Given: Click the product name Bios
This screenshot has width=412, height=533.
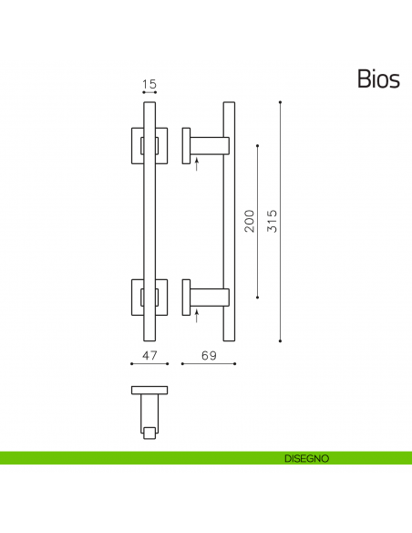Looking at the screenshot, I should pos(377,79).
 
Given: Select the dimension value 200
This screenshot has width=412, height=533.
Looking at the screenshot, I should pos(249,221).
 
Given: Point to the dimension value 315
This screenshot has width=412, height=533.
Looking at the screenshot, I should pos(271,221).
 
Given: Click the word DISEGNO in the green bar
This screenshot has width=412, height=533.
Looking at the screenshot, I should pos(305,457).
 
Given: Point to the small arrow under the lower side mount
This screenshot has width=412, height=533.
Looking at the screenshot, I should pos(197,316).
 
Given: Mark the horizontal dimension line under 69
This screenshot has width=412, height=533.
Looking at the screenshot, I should pos(209,363).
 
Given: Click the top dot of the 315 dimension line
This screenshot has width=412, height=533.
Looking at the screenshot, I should pos(280,101).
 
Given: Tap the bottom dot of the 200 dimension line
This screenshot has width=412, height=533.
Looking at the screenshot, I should pos(259,297).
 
